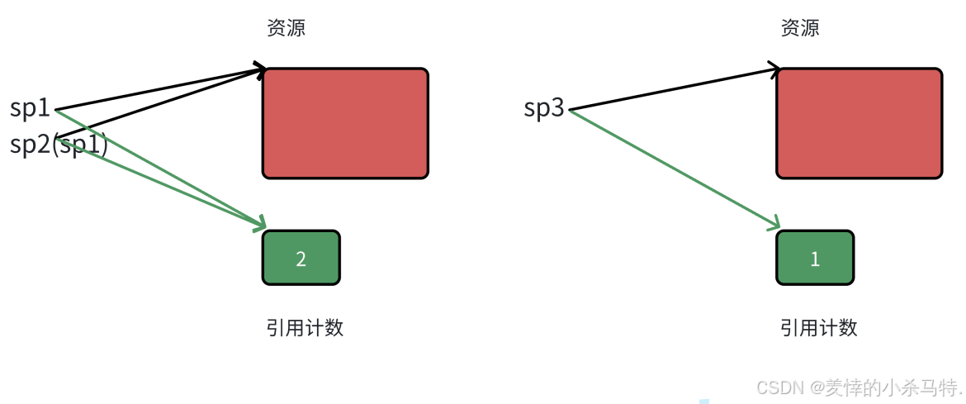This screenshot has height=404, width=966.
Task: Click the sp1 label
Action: coord(31,108)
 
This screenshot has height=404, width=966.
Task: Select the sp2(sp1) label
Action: coord(59,145)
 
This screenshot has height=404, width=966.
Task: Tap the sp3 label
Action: coord(544,108)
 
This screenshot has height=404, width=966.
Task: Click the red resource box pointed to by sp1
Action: coord(345,123)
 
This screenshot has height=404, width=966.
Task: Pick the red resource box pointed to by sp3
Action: coord(859,123)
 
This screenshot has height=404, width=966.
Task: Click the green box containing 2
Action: coord(301,258)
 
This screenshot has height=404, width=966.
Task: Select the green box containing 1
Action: coord(814,258)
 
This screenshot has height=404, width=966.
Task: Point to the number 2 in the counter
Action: coord(301,259)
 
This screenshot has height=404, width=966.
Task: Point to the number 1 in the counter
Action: coord(815,259)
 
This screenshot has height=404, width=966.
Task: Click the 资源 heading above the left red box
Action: coord(286,28)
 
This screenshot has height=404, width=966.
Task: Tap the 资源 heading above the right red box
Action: coord(799,28)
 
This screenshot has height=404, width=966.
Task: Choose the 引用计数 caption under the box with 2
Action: coord(304,328)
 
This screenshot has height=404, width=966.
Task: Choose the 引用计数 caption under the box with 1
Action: coord(818,328)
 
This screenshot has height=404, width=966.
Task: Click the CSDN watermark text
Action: coord(859,387)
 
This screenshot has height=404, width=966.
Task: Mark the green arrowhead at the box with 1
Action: coord(774,224)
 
